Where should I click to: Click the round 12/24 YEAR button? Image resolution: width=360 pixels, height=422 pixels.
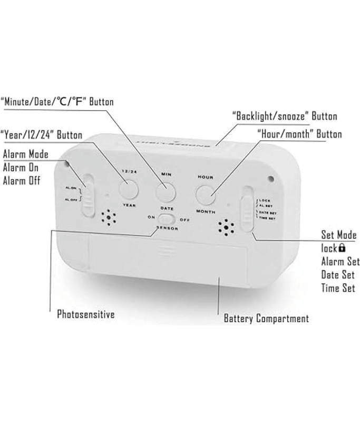click(128, 188)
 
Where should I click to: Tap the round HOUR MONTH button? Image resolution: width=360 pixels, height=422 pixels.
click(205, 194)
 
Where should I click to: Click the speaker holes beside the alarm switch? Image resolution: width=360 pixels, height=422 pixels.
click(109, 217)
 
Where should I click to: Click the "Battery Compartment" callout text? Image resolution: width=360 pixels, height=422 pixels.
click(266, 318)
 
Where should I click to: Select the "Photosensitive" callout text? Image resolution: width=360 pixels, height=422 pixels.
click(86, 314)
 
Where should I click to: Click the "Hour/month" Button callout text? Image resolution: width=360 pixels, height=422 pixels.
click(299, 134)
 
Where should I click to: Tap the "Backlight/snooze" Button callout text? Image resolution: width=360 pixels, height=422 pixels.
click(285, 116)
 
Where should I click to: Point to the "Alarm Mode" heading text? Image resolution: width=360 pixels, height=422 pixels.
click(25, 154)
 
